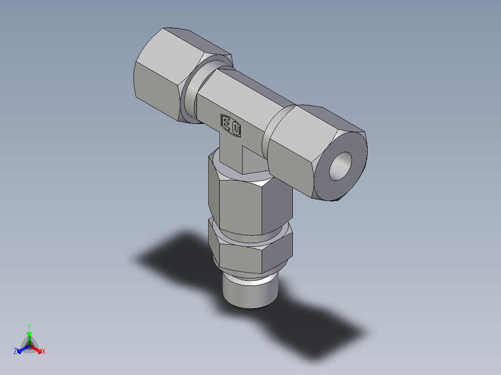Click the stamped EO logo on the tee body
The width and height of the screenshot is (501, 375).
231,125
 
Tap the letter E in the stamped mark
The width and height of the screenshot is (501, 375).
227,123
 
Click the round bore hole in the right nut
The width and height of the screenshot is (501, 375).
341,166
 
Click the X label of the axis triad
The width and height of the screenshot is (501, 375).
44,352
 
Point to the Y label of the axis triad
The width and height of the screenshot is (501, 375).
29,326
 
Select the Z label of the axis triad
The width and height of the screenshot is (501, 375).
15,352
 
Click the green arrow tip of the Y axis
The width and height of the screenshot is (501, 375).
29,333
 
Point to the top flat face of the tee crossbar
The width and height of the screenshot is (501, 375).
251,88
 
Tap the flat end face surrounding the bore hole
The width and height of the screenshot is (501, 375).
353,149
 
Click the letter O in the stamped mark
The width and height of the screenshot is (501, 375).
235,128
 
